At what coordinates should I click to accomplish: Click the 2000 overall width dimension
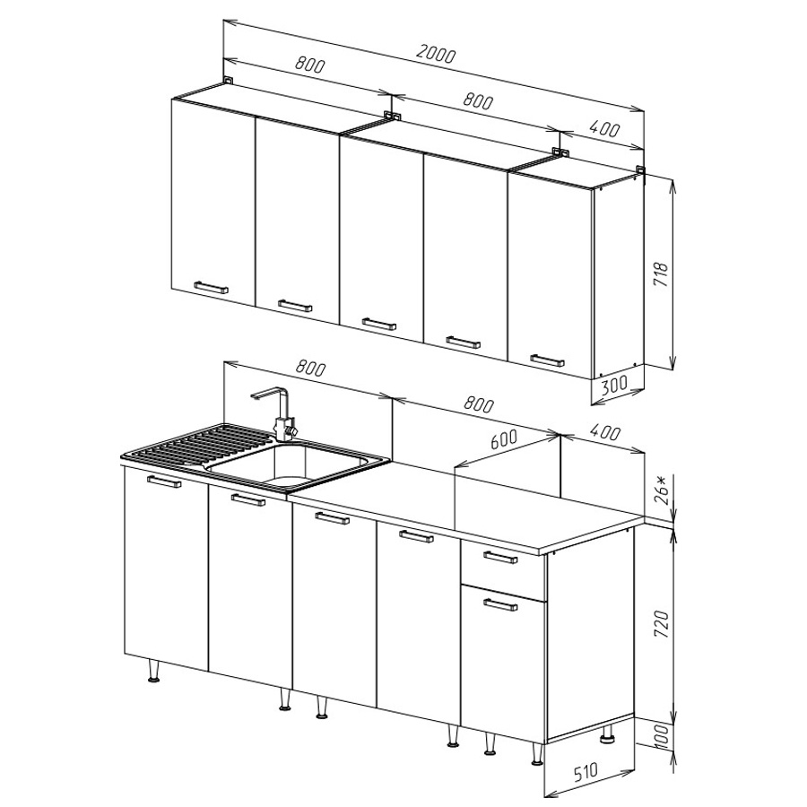coord(436,54)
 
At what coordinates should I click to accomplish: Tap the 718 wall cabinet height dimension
coord(660,274)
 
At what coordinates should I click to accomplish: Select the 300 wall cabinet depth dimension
coord(614,385)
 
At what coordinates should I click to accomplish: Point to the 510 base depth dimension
coord(586,773)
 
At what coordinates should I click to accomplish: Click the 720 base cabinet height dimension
coord(661,624)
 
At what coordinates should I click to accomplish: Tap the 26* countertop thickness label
coord(663,489)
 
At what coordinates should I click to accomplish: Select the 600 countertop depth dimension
coord(503,439)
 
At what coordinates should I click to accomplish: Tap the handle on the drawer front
coord(500,557)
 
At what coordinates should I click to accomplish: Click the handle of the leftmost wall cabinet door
coord(211,287)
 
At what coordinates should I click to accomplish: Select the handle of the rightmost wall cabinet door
coord(547,360)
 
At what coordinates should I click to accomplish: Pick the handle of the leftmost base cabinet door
coord(164,482)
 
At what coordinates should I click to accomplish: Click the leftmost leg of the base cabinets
coord(154,672)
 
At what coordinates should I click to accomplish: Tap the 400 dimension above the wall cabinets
coord(606,128)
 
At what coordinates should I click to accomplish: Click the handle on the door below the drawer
coord(500,603)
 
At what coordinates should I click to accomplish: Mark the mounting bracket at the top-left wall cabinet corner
coord(228,81)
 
